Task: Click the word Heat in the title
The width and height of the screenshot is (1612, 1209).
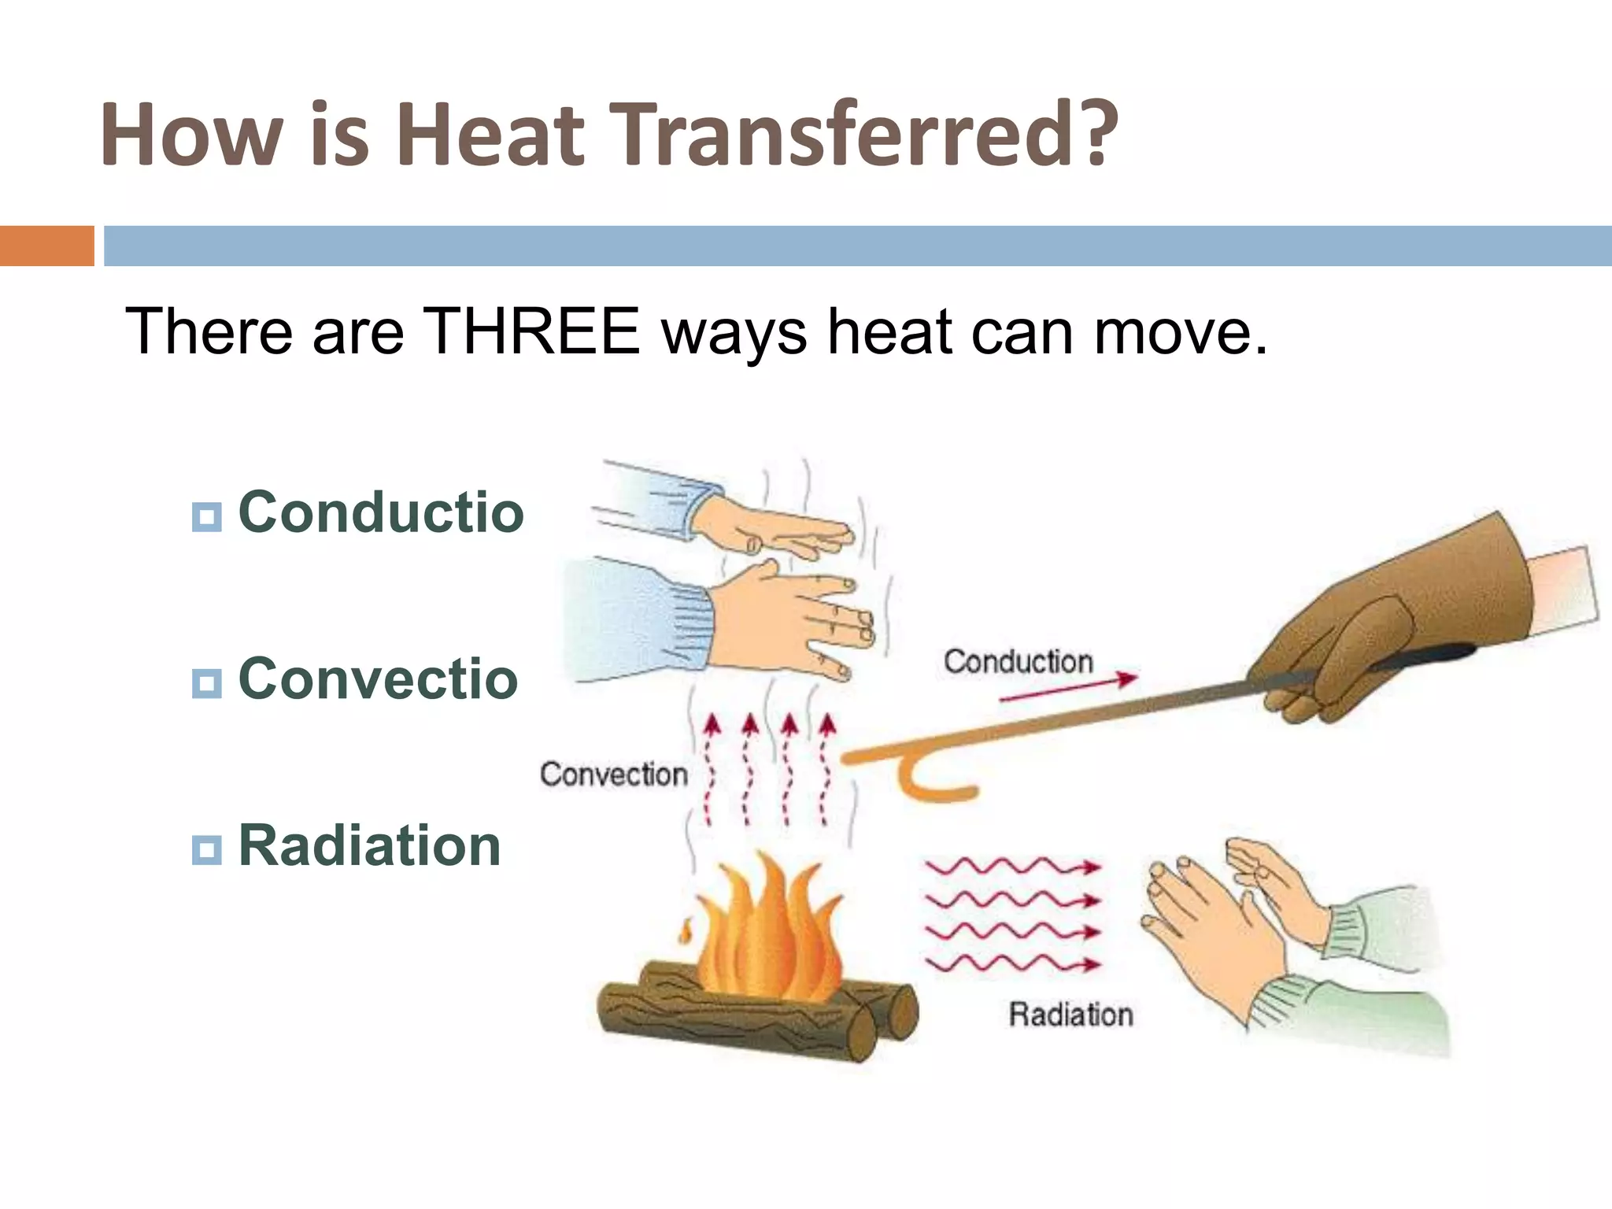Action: pyautogui.click(x=490, y=135)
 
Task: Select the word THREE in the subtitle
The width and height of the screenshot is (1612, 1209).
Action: pyautogui.click(x=531, y=331)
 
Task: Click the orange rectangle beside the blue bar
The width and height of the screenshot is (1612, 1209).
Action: pyautogui.click(x=46, y=246)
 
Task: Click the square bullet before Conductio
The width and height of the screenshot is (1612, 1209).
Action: pyautogui.click(x=206, y=517)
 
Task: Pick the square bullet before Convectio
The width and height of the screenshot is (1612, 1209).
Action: pyautogui.click(x=206, y=682)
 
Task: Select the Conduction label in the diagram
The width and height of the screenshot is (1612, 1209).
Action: pyautogui.click(x=1018, y=662)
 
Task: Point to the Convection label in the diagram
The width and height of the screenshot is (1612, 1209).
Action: pyautogui.click(x=614, y=775)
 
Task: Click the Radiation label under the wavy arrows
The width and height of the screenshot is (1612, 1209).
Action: pyautogui.click(x=1070, y=1015)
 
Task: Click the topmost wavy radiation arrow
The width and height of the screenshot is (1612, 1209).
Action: pyautogui.click(x=1012, y=867)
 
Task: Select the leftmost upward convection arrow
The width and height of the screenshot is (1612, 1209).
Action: pyautogui.click(x=711, y=767)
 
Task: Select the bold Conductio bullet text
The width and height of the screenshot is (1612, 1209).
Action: pyautogui.click(x=381, y=512)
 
